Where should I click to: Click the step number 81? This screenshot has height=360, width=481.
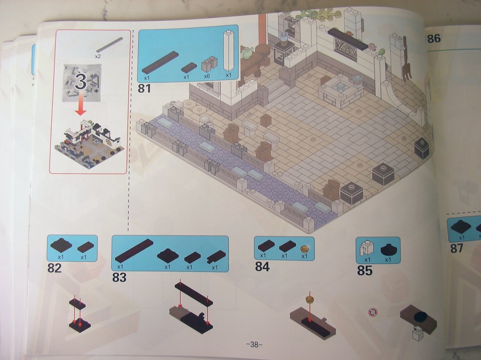click(144, 88)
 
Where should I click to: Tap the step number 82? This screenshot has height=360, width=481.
click(54, 268)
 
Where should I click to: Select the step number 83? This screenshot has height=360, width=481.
click(119, 277)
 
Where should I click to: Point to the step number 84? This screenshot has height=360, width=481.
click(262, 267)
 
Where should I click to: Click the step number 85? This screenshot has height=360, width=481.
click(365, 271)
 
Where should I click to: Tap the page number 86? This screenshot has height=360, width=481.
click(433, 39)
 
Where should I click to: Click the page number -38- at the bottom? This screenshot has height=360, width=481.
click(254, 344)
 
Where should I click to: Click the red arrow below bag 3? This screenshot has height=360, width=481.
click(81, 104)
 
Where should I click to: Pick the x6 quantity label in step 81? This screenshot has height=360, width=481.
click(206, 76)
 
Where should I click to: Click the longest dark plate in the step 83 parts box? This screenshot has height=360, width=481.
click(134, 250)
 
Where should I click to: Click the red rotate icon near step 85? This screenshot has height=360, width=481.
click(373, 312)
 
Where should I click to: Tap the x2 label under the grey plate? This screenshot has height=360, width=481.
click(98, 57)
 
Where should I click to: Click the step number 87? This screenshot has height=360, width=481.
click(457, 248)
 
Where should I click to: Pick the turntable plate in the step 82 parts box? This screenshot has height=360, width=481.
click(61, 245)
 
